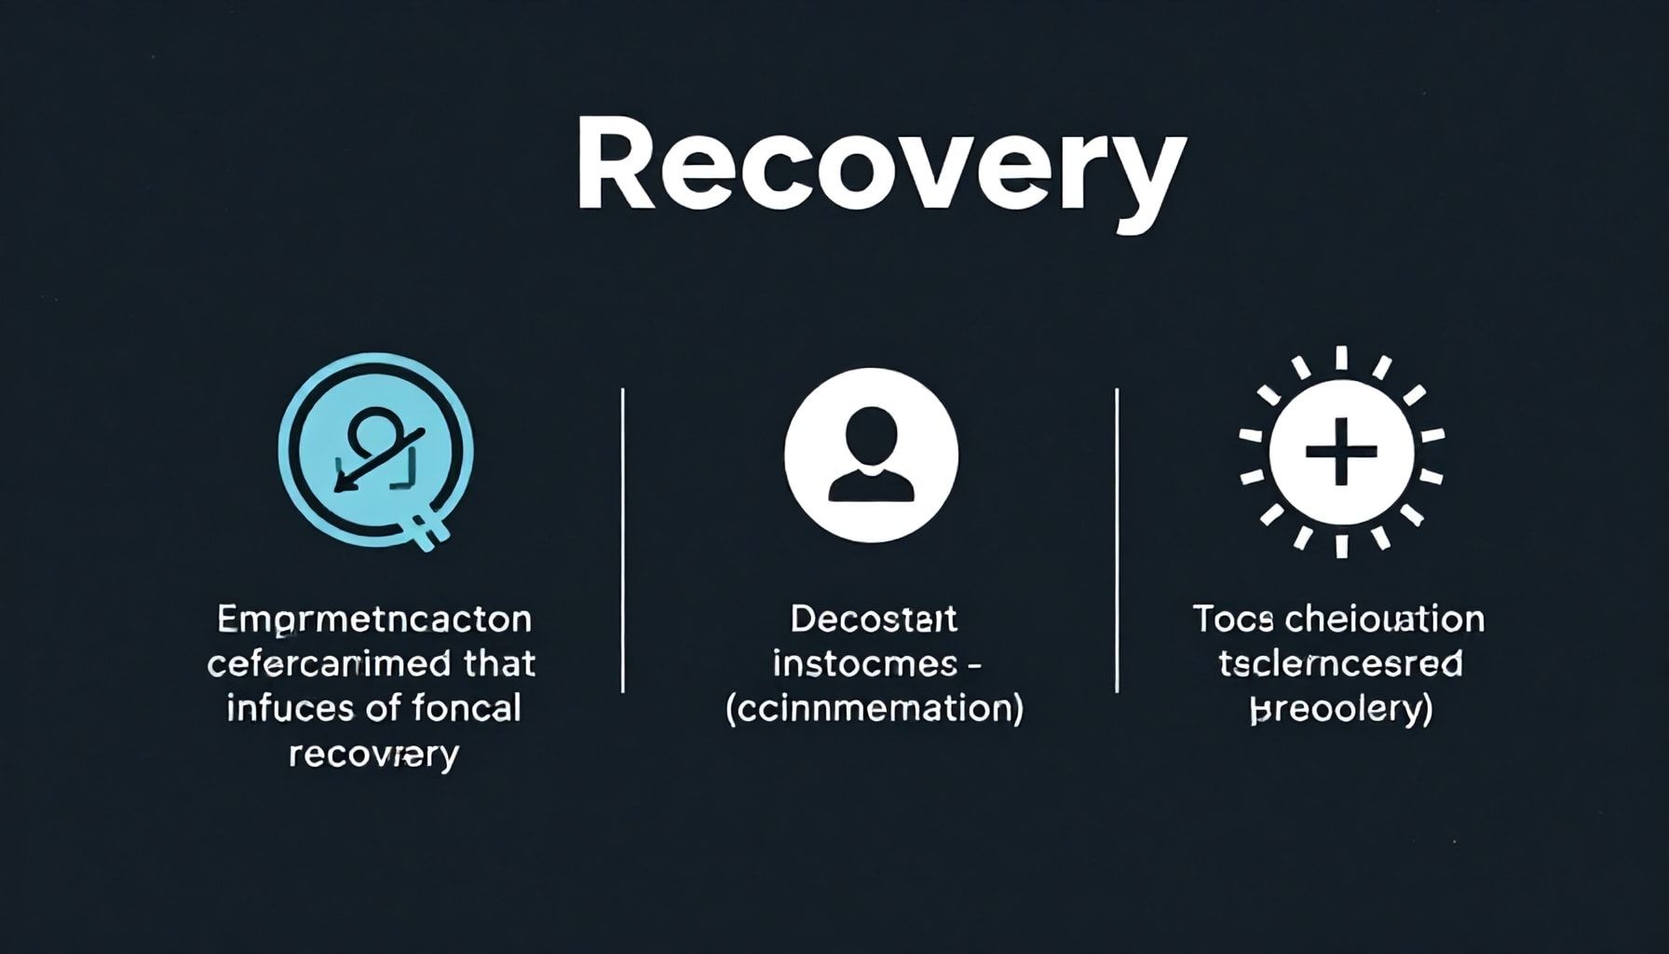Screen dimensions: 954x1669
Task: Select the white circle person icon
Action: click(x=871, y=455)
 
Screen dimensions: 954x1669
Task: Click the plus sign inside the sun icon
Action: click(x=1341, y=452)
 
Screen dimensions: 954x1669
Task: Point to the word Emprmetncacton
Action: click(x=373, y=620)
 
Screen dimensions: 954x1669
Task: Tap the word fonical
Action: click(x=456, y=709)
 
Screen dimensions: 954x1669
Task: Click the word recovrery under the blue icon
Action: click(x=373, y=755)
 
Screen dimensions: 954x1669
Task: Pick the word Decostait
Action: click(x=874, y=620)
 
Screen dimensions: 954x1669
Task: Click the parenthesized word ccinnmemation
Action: click(x=874, y=709)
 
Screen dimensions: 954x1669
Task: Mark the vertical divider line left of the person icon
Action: click(x=622, y=540)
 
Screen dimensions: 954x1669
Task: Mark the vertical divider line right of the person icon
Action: click(x=1117, y=540)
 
